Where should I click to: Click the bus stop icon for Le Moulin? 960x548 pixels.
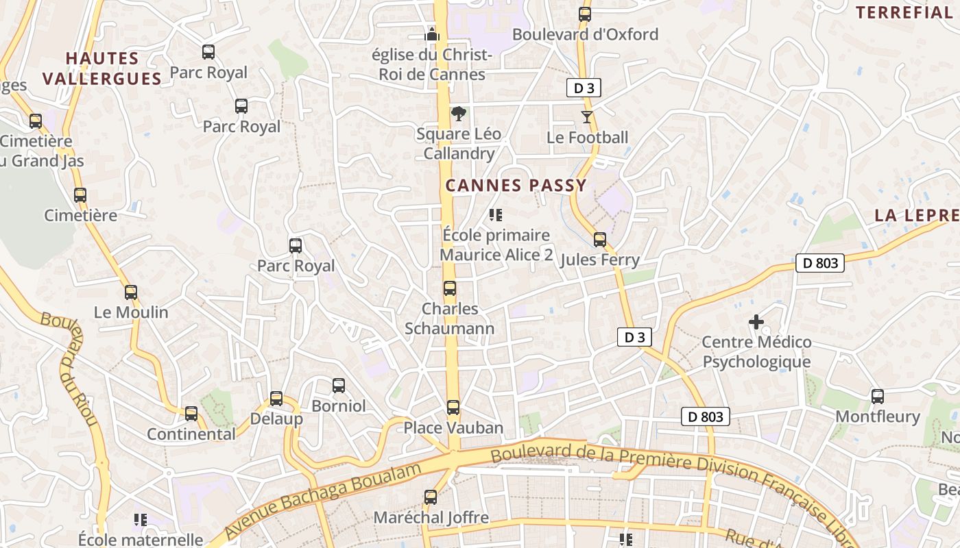131,292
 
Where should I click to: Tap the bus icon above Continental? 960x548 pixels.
191,414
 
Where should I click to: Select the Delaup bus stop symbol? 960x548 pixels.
276,399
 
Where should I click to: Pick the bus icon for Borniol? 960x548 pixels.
339,386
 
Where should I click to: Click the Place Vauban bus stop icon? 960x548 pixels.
453,408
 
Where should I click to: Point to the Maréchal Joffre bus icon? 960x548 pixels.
431,497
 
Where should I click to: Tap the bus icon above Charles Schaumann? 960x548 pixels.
450,288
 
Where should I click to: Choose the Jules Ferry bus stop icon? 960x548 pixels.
600,240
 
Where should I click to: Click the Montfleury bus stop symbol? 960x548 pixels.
878,397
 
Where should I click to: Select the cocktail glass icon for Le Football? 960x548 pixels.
587,117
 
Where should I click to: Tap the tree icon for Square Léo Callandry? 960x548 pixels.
458,114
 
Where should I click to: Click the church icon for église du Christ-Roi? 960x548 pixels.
431,34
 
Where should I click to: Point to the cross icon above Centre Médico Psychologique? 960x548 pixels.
756,321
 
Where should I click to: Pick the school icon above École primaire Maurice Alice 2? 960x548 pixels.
496,215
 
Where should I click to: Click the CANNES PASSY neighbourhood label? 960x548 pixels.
516,185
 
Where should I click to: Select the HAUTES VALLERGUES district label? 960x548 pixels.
102,68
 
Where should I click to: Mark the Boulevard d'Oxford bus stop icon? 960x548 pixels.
585,14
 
